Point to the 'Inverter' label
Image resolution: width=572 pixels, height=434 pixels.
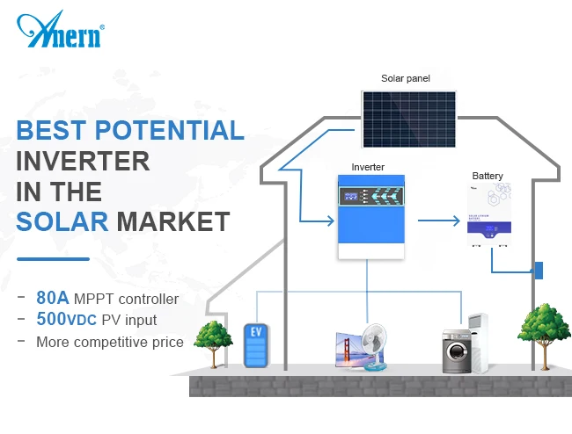(x=368, y=167)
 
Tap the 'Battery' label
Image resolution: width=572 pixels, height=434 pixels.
(x=488, y=176)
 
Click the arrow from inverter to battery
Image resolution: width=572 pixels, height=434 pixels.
(x=440, y=220)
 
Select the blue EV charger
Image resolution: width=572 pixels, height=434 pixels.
(x=255, y=346)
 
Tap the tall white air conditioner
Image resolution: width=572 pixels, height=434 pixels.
(x=478, y=338)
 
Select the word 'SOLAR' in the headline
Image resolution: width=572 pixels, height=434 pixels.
(x=62, y=219)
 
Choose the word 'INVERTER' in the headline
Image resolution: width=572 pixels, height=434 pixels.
(x=83, y=160)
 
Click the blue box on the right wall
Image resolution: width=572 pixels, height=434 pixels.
(x=539, y=271)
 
